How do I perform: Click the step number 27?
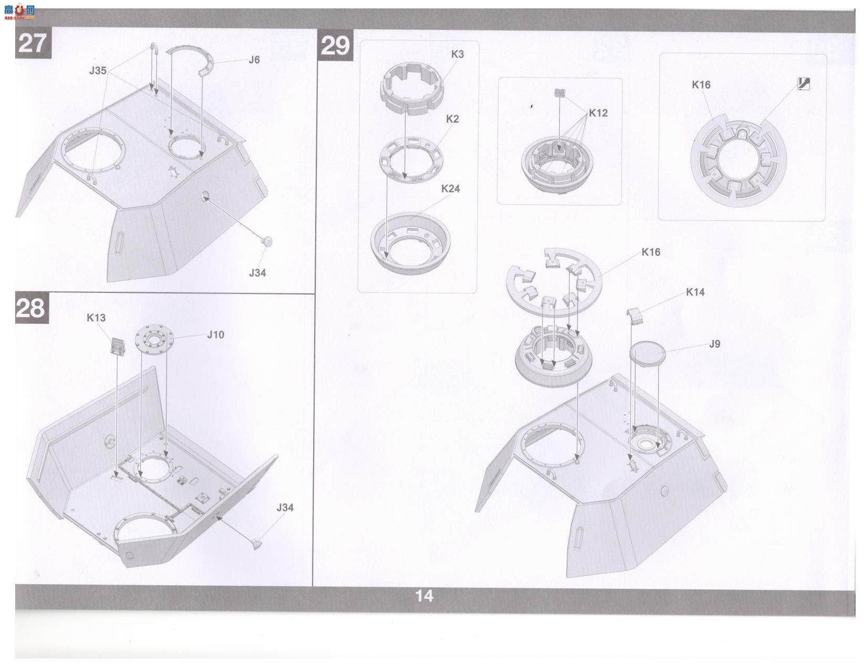coord(32,43)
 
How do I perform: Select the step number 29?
coord(335,46)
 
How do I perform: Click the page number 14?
coord(424,596)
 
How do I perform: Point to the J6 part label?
coord(254,60)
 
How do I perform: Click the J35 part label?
coord(98,70)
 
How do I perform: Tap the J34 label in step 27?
coord(257,272)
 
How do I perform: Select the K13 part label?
coord(96,317)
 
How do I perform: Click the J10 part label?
coord(216,335)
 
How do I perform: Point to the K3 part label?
coord(457,54)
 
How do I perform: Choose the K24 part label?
coord(450,188)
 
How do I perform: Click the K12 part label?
coord(598,113)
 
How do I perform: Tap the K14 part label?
coord(695,292)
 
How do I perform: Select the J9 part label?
coord(714,344)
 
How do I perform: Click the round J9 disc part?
coord(647,353)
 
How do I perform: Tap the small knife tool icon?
coord(804,84)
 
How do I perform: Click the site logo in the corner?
coord(19,12)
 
